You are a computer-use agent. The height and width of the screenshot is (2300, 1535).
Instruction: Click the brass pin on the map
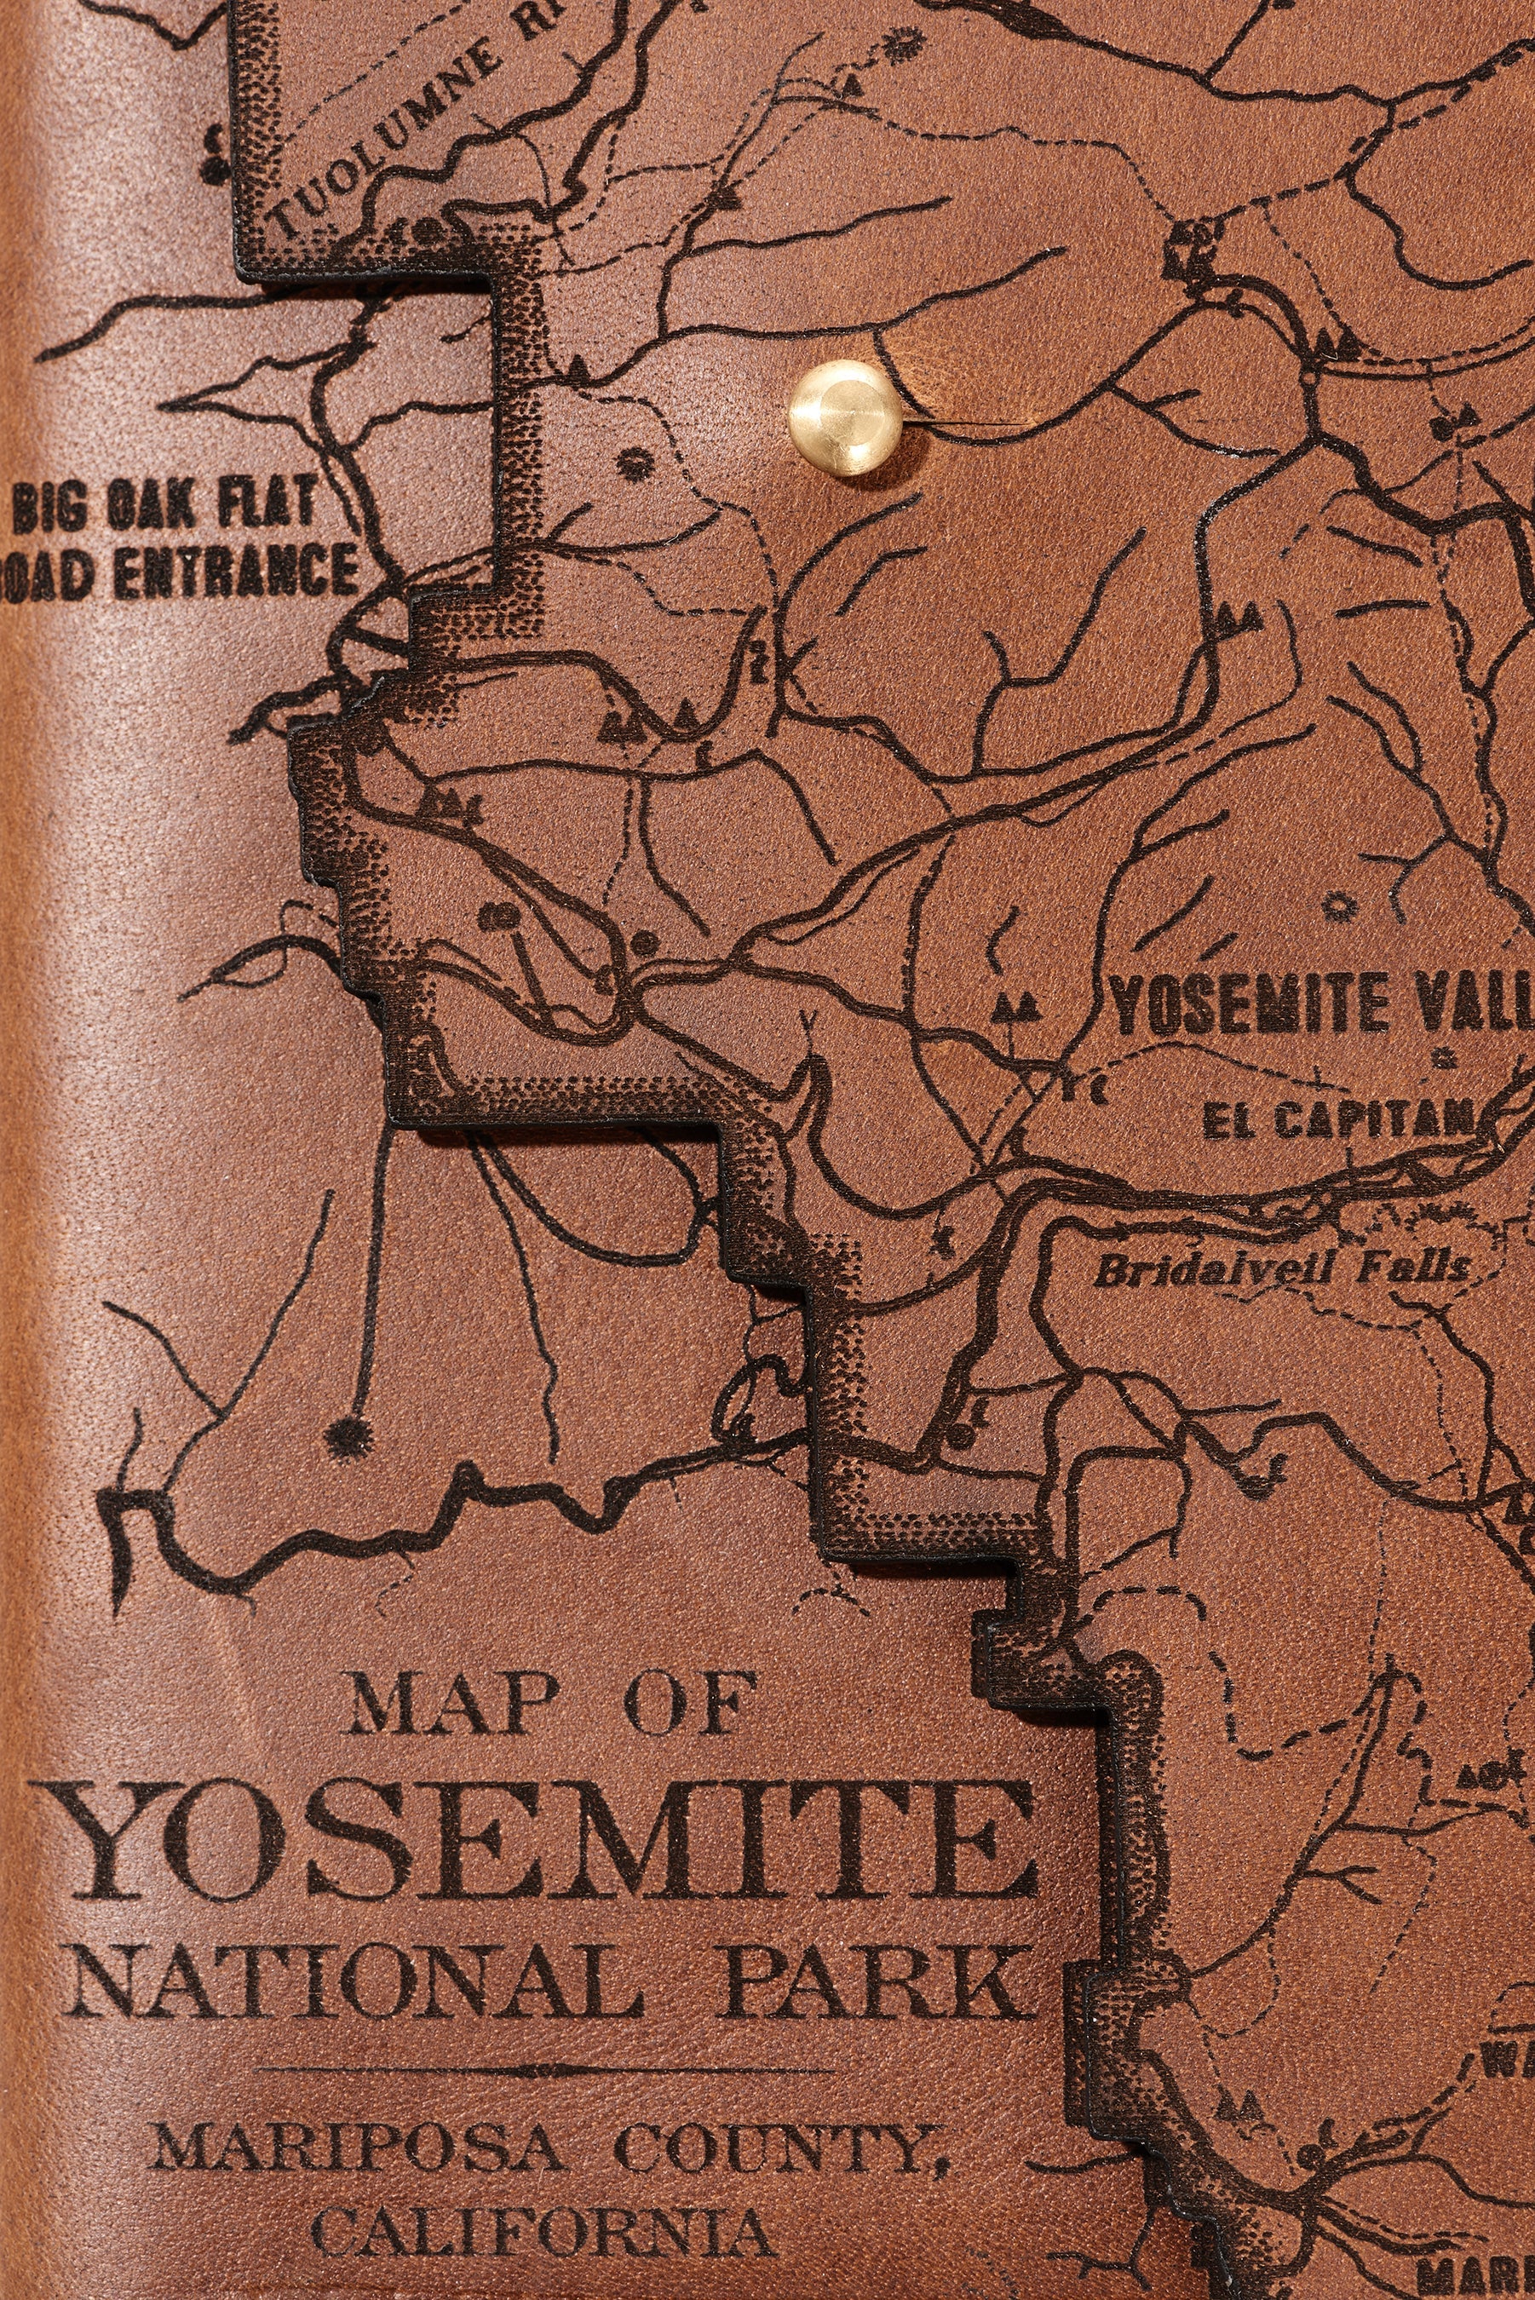(x=844, y=418)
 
